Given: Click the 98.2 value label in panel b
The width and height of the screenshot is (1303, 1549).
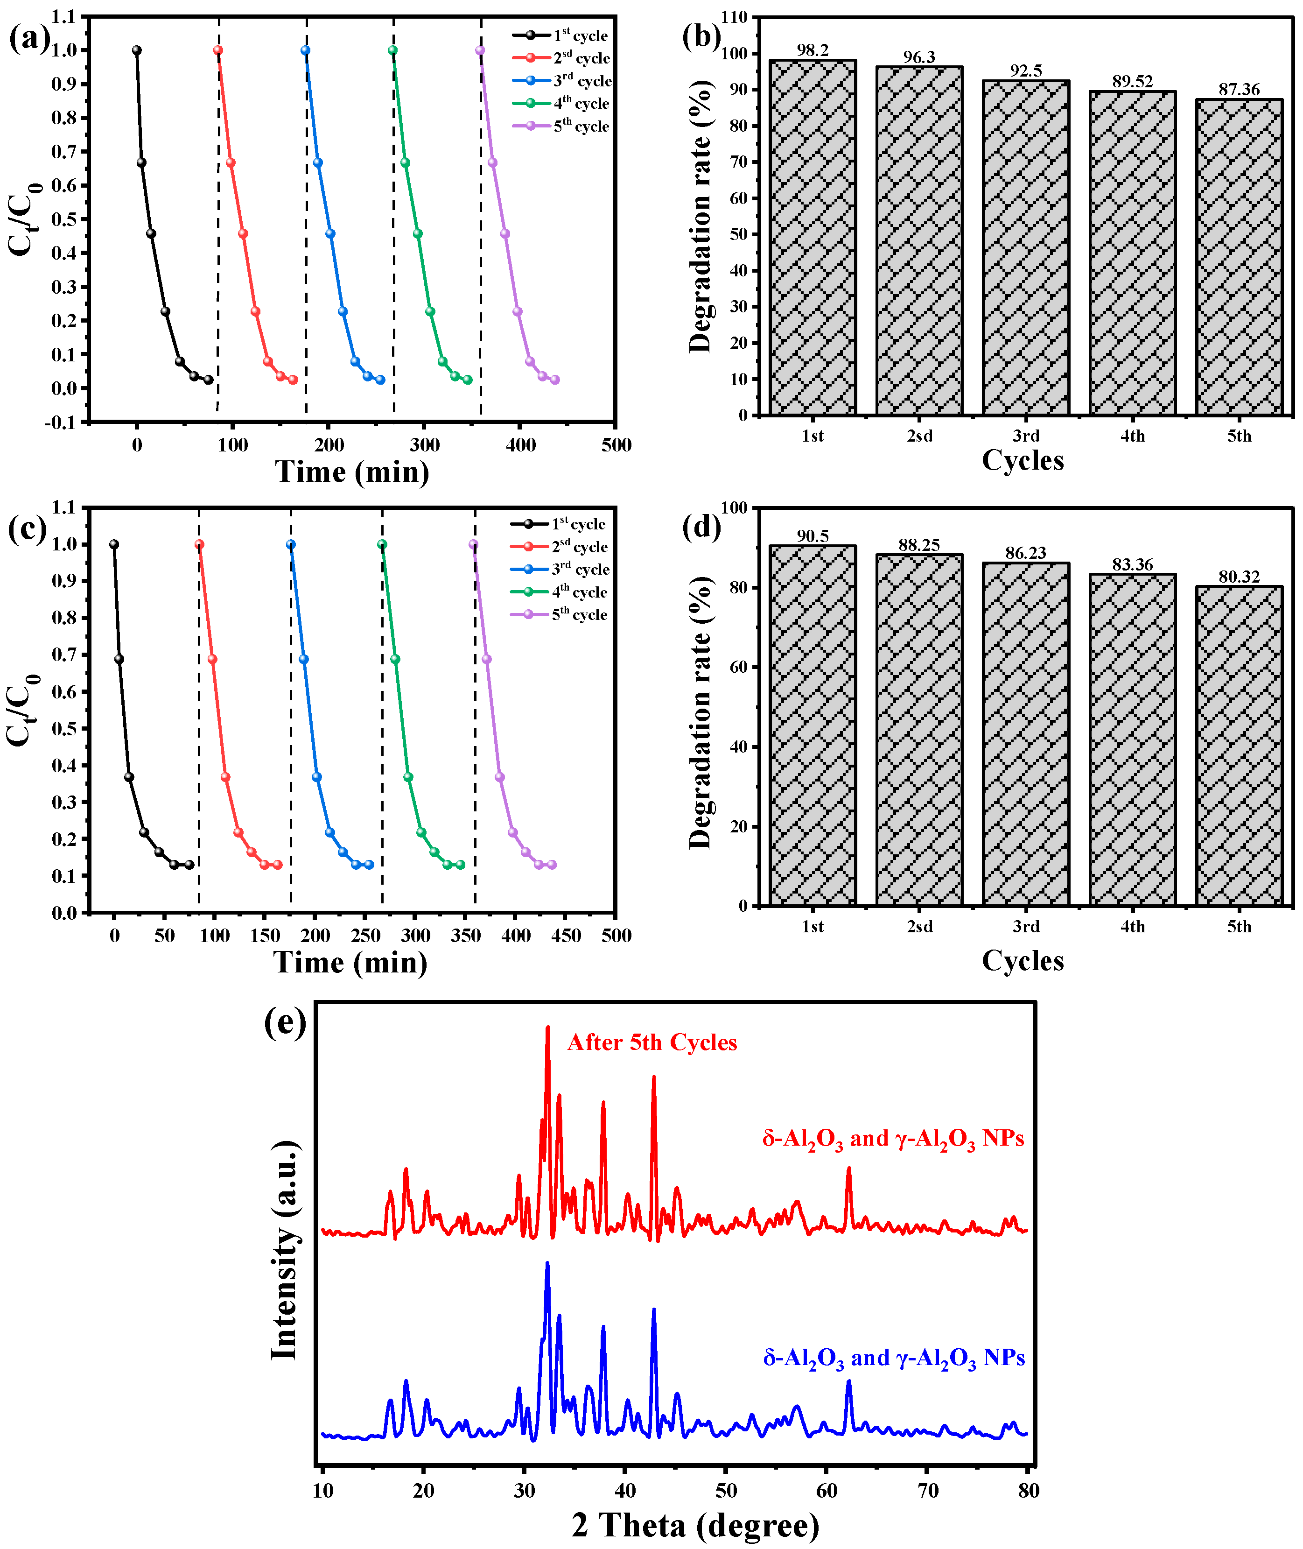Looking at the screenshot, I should point(813,50).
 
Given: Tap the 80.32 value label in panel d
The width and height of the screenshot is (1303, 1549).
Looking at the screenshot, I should point(1239,577).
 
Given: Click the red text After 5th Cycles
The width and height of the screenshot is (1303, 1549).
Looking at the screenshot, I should point(651,1043).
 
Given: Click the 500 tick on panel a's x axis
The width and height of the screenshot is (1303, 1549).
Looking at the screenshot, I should point(616,445).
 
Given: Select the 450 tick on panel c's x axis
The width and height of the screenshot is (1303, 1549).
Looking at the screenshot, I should point(566,936).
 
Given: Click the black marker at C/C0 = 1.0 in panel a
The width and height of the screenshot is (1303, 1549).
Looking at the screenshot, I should point(137,50).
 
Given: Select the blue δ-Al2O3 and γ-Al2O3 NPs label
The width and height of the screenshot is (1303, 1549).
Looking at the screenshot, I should point(894,1358).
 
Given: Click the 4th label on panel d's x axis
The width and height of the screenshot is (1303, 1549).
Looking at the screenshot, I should point(1132,927).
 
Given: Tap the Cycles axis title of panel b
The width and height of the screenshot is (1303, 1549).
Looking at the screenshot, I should point(1023,460).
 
